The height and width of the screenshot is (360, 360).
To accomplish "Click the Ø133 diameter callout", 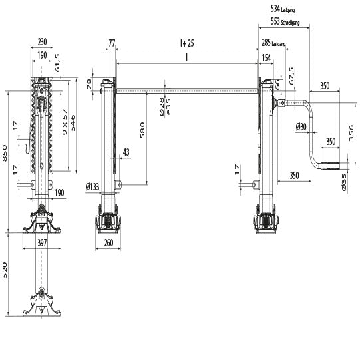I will click(x=94, y=187).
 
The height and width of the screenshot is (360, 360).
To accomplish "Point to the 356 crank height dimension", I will click(x=350, y=133).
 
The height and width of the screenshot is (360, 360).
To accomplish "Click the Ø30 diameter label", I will click(x=301, y=126).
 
